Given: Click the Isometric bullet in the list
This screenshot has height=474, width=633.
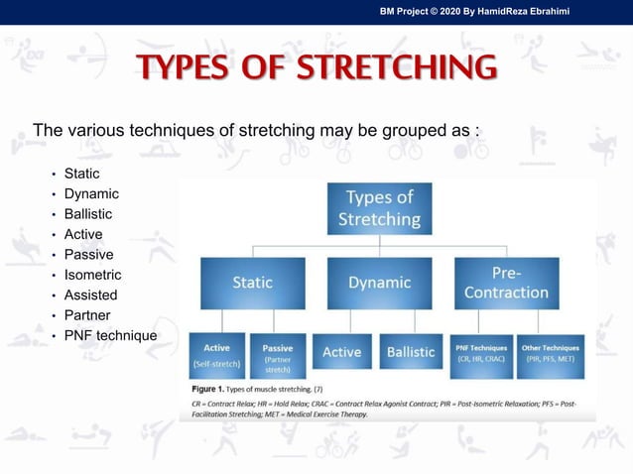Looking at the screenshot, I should click(92, 275).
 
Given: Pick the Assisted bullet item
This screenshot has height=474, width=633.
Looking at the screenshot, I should click(90, 295).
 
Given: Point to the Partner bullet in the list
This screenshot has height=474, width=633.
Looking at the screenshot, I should click(87, 315).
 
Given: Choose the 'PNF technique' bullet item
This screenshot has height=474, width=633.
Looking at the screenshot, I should click(110, 335).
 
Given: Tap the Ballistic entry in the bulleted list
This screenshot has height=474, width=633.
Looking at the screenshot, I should click(88, 214).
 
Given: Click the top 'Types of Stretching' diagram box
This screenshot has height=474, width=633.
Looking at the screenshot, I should click(380, 207).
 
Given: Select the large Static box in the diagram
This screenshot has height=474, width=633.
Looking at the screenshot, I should click(252, 283).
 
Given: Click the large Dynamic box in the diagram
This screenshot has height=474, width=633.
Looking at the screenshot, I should click(380, 283).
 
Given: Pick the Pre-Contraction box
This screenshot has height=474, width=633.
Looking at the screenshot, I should click(506, 283).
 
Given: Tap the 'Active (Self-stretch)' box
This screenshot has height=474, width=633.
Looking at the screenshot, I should click(216, 356).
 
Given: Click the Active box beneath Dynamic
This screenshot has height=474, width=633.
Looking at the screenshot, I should click(342, 352).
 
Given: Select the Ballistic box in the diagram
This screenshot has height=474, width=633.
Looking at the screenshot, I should click(411, 352).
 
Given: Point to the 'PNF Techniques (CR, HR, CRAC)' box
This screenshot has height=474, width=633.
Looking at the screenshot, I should click(481, 354).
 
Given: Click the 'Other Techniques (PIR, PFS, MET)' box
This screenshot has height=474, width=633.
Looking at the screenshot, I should click(550, 354).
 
